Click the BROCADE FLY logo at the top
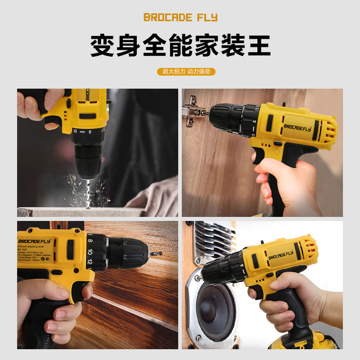click(180, 18)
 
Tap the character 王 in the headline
click(258, 46)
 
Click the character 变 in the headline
click(102, 46)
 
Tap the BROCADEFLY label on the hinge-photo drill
click(297, 126)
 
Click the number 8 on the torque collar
click(90, 240)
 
